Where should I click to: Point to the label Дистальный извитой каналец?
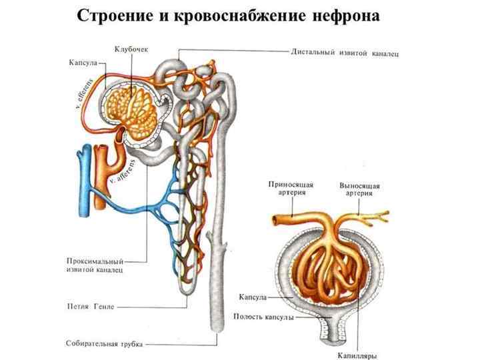pyautogui.click(x=345, y=51)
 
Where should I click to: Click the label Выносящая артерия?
pyautogui.click(x=359, y=189)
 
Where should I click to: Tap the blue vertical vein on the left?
pyautogui.click(x=83, y=180)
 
